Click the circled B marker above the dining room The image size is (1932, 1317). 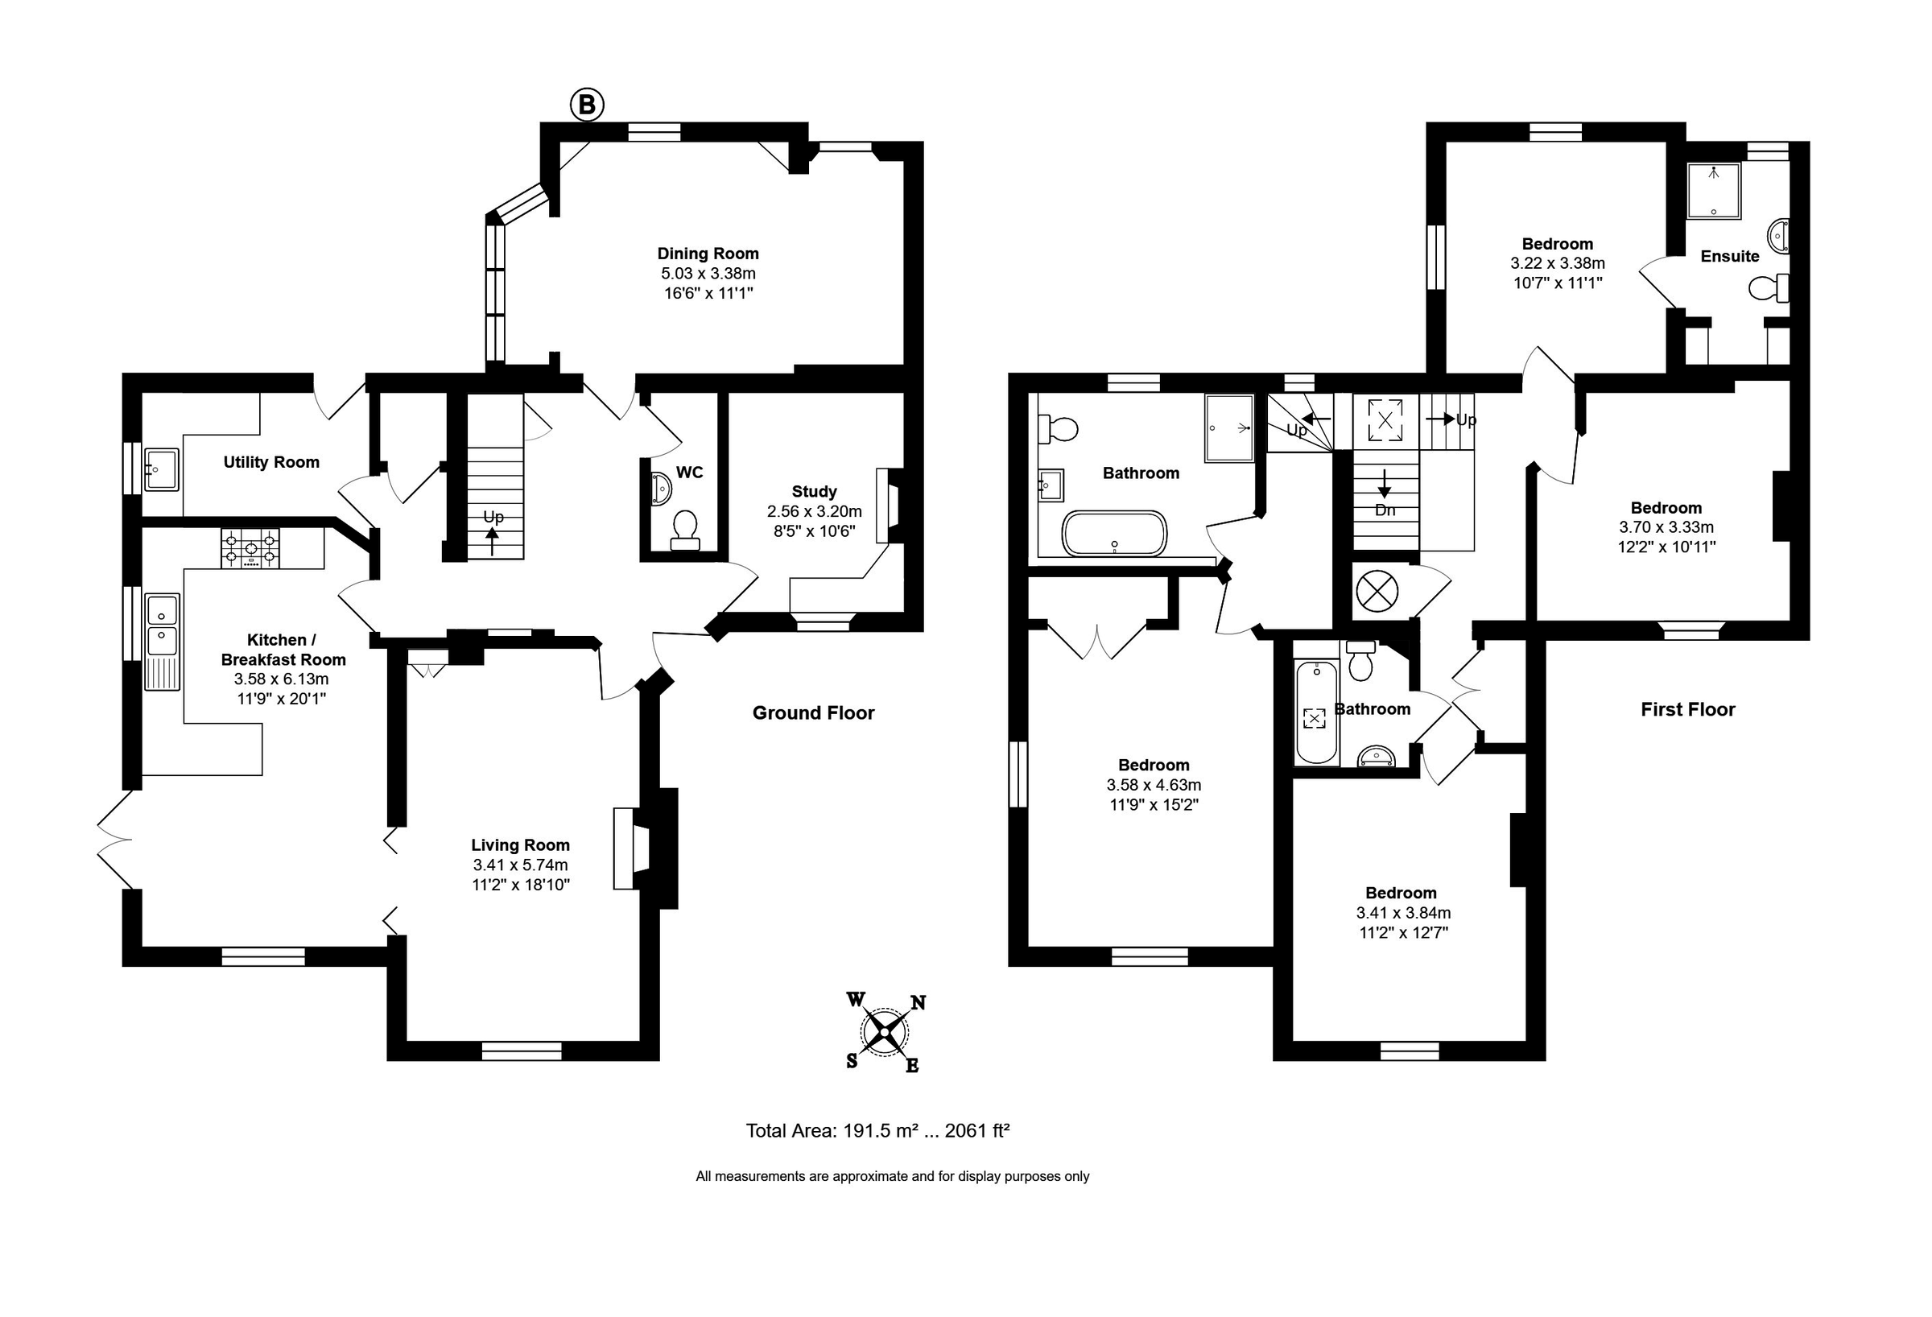pyautogui.click(x=586, y=105)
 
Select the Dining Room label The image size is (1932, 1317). pyautogui.click(x=708, y=254)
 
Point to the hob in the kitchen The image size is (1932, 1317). pyautogui.click(x=250, y=549)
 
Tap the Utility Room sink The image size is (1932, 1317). pyautogui.click(x=161, y=470)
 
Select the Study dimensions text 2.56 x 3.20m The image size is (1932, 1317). pyautogui.click(x=814, y=511)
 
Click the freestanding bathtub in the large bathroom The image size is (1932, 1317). pyautogui.click(x=1114, y=533)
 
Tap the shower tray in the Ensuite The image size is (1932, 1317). pyautogui.click(x=1712, y=192)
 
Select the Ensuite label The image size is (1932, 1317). pyautogui.click(x=1729, y=256)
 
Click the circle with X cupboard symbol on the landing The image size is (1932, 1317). pyautogui.click(x=1377, y=592)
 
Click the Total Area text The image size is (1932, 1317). pyautogui.click(x=877, y=1131)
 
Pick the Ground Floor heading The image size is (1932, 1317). pyautogui.click(x=813, y=712)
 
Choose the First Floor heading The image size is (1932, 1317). pyautogui.click(x=1687, y=709)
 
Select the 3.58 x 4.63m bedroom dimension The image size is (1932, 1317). pyautogui.click(x=1153, y=785)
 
